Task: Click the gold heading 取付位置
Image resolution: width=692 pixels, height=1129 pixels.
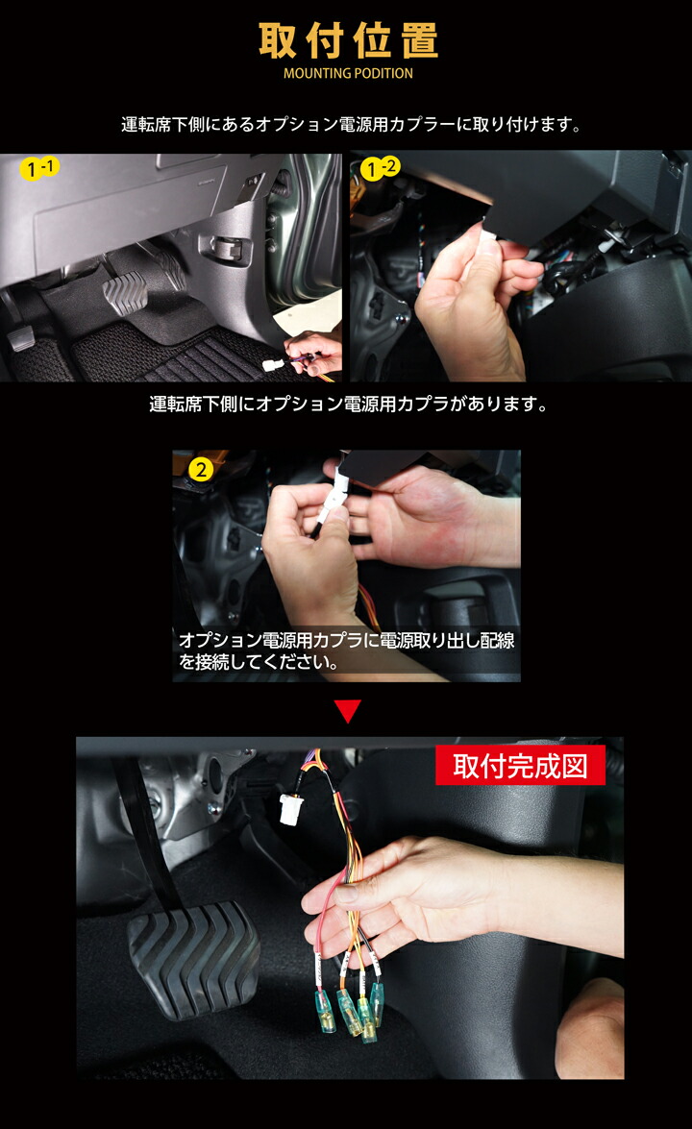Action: coord(348,40)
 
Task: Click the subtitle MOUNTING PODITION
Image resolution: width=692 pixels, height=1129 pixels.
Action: coord(348,73)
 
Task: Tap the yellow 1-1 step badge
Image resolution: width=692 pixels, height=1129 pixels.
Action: coord(38,168)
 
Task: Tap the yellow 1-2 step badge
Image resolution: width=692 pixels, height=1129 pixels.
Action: coord(380,168)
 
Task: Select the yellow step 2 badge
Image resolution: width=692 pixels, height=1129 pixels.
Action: coord(201,470)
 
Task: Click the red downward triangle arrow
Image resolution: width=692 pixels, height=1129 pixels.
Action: coord(348,711)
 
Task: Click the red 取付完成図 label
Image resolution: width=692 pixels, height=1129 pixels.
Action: coord(520,766)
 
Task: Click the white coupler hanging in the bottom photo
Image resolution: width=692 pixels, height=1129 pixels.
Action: coord(291,808)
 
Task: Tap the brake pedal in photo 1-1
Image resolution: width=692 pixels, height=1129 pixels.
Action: coord(125,288)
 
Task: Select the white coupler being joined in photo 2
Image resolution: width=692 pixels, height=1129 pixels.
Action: coord(334,499)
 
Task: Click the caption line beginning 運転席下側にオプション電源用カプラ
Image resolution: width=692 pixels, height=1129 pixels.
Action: coord(348,404)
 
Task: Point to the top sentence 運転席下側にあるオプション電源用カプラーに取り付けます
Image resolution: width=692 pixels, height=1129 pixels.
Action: coord(351,125)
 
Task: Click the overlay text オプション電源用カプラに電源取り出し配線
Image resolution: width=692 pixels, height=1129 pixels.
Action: coord(346,640)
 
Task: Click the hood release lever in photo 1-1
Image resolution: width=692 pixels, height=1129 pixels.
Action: coord(231,247)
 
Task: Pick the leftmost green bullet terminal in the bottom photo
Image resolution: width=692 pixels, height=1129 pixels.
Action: coord(324,1011)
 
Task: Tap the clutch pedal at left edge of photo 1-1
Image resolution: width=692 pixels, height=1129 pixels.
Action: coord(21,337)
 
